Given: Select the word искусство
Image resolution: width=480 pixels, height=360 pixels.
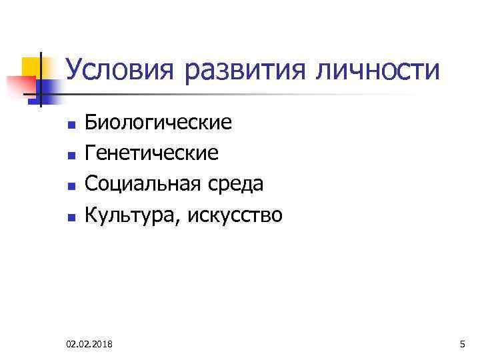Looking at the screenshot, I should coord(237,215).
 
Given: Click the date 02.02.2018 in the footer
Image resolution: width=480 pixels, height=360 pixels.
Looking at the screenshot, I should coord(89,344).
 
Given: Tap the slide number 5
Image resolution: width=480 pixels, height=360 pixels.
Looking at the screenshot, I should coord(462,344).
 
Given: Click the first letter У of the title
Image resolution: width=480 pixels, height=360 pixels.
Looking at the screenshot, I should coord(75,71).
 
